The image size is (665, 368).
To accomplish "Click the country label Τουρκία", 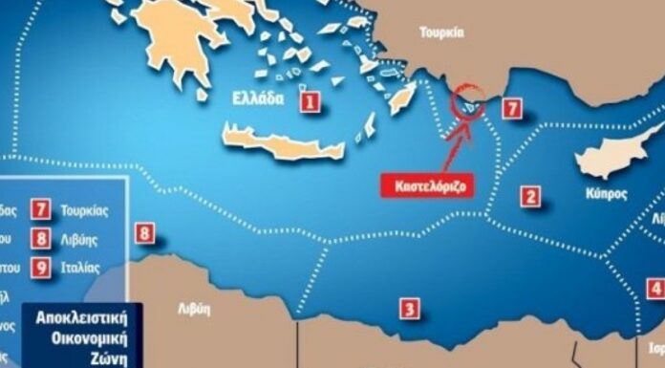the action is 441,32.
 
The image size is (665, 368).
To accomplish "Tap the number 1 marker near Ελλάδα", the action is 309,100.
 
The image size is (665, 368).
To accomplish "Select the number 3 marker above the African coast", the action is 409,308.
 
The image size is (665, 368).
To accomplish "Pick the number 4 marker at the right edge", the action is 655,289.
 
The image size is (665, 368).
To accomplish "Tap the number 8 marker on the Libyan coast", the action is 144,233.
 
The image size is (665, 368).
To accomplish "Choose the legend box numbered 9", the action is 40,269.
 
